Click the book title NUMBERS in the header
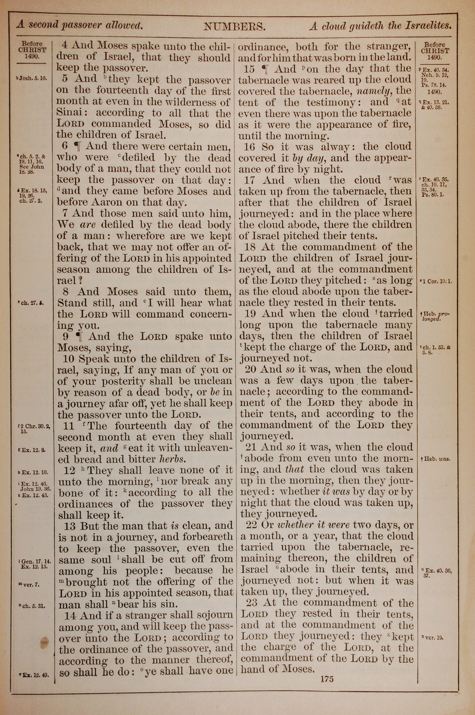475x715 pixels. click(235, 27)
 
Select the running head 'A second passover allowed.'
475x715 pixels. click(80, 25)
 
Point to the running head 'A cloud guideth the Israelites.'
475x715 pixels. click(380, 26)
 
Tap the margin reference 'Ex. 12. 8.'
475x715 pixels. click(32, 450)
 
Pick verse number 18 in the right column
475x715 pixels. click(250, 247)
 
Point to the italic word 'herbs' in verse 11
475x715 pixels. click(173, 459)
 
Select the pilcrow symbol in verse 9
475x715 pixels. click(79, 336)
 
